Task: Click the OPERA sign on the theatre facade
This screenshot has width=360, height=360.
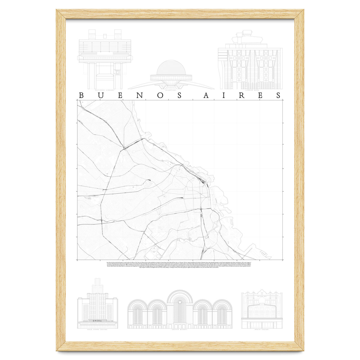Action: click(x=98, y=321)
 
